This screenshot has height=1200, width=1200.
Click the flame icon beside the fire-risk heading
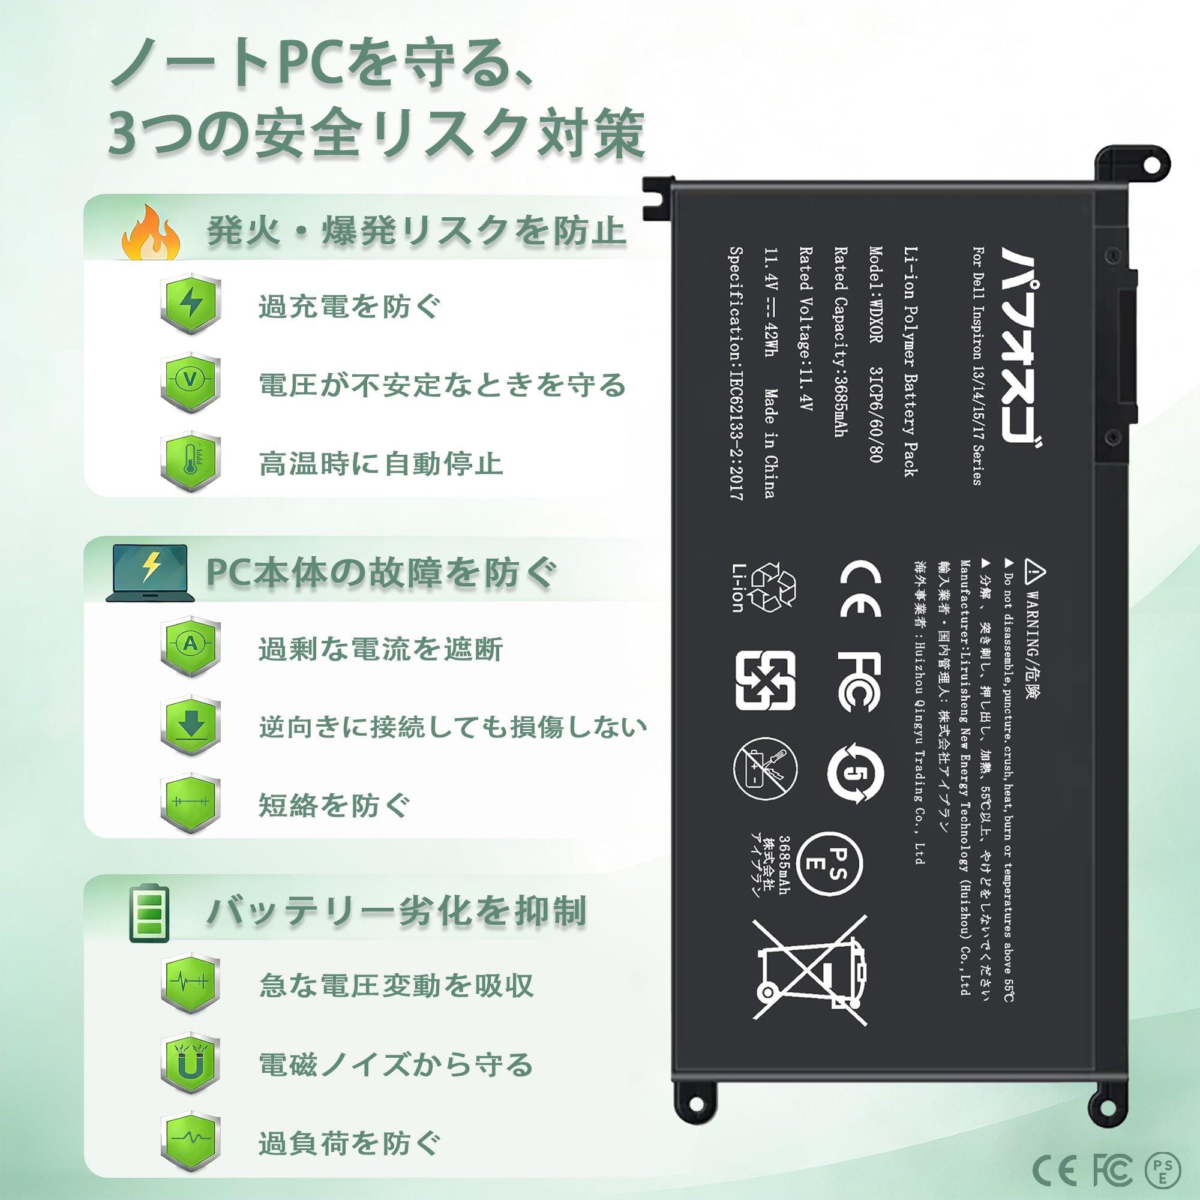coord(151,232)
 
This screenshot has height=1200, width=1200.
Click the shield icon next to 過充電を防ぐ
coord(191,304)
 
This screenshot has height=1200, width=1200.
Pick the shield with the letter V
coord(191,382)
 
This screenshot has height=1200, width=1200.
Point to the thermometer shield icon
coord(191,461)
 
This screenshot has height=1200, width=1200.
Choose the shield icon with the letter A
coord(191,647)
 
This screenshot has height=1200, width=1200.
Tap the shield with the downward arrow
coord(191,725)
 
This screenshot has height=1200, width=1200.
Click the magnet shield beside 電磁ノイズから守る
coord(191,1064)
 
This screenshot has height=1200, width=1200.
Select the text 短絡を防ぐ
coord(334,806)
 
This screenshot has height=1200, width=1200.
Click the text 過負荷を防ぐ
coord(350,1144)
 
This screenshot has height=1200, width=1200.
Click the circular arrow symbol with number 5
coord(855,772)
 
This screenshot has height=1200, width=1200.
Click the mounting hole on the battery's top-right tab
coord(1150,165)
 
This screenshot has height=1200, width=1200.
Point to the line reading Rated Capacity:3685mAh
coord(841,342)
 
